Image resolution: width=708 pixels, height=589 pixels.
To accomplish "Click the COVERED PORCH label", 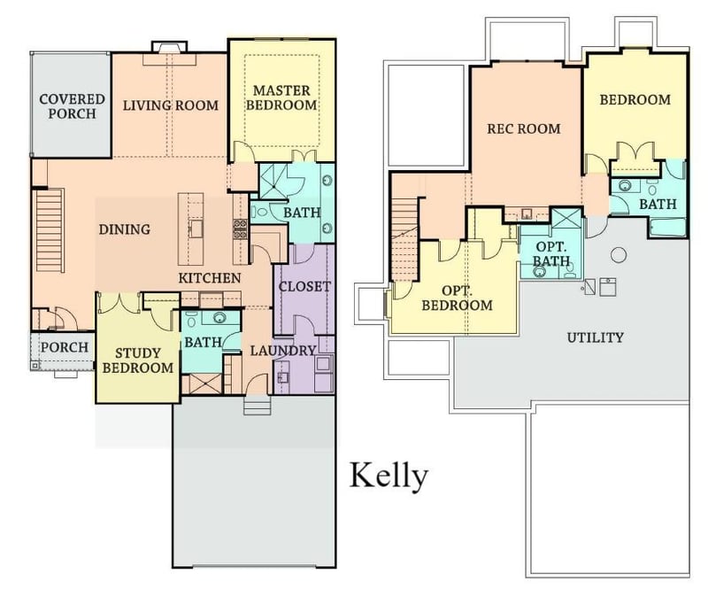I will [72, 107].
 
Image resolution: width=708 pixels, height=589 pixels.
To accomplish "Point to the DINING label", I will [124, 229].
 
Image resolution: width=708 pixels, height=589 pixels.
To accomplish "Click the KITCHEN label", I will [210, 278].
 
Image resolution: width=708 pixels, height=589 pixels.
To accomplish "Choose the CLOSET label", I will [304, 287].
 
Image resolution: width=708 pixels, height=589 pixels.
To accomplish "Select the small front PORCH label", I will [65, 347].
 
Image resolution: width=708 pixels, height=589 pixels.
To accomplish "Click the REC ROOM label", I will [524, 128].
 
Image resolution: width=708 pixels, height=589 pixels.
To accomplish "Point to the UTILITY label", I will [595, 337].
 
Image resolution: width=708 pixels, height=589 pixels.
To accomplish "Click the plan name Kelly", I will [389, 476].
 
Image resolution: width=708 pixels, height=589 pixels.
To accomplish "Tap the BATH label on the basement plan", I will [658, 204].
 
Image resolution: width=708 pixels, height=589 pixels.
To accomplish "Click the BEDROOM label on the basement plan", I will [635, 100].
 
